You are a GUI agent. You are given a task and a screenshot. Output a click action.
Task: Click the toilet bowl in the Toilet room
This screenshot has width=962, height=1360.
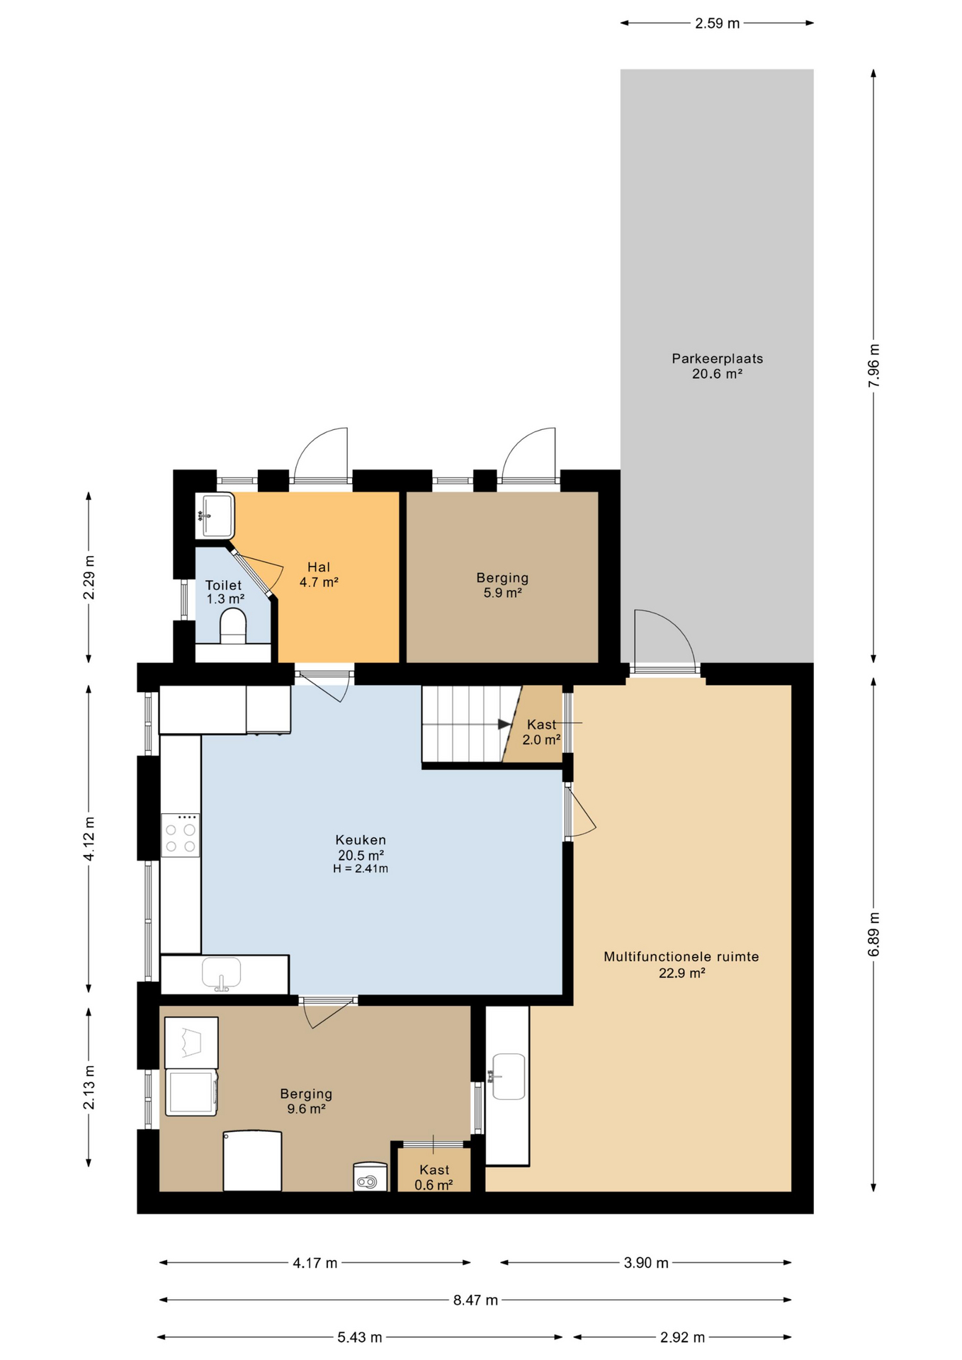(x=233, y=626)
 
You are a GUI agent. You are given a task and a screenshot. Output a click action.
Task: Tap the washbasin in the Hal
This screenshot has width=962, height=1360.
(x=215, y=515)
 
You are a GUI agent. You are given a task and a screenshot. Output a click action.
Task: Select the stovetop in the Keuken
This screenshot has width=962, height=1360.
(x=180, y=836)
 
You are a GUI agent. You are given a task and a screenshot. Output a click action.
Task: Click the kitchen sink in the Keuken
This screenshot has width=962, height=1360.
(x=221, y=973)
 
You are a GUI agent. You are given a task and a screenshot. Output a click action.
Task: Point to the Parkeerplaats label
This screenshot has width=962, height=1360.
(x=717, y=366)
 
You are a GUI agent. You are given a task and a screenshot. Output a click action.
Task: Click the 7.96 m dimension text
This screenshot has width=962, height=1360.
(x=874, y=365)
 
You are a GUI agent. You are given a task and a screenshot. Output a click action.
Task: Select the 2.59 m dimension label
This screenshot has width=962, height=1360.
(x=717, y=23)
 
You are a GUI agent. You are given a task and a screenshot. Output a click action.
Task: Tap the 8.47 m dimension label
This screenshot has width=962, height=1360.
(x=475, y=1300)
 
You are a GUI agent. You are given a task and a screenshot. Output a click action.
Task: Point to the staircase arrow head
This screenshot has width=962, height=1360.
(x=504, y=724)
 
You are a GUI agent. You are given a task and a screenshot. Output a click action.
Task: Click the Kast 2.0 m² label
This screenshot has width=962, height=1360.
(x=542, y=732)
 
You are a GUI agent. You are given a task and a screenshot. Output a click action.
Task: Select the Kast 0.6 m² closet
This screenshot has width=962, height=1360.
(x=434, y=1170)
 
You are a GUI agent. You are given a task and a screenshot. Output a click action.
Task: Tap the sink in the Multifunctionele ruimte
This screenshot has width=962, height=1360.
(x=508, y=1077)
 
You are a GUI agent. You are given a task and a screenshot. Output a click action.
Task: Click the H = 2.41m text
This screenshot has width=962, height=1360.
(x=361, y=868)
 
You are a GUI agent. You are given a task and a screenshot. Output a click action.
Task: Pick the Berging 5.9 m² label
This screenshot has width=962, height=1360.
(x=502, y=585)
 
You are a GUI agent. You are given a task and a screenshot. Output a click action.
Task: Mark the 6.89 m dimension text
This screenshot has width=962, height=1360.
(x=874, y=934)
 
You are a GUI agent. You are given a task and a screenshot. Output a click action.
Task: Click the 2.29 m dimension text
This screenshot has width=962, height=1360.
(x=89, y=577)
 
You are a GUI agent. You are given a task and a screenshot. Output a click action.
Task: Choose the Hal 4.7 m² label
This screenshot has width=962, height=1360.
(x=319, y=574)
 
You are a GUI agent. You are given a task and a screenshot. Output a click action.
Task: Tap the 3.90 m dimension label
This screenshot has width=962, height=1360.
(x=646, y=1262)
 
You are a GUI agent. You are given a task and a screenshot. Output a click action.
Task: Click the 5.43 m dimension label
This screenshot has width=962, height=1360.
(x=359, y=1337)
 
